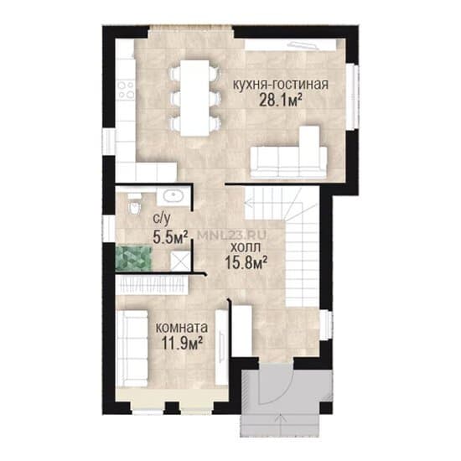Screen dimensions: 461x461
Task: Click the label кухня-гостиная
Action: pos(281,85)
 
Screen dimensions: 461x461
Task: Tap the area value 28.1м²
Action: pos(281,101)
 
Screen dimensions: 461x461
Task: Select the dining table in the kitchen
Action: pos(195,98)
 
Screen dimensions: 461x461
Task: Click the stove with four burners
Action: pos(126,90)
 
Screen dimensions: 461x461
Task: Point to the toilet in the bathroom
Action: pos(134,204)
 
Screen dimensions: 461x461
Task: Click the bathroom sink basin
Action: pos(174,195)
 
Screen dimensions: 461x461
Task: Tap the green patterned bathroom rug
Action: pos(134,258)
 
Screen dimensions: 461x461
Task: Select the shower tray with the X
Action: pos(180,261)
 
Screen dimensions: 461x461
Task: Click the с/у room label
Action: pos(162,219)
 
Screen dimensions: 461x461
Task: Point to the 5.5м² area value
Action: pos(170,236)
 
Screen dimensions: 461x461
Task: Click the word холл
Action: pos(246,247)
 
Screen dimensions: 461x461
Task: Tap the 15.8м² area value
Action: pos(246,262)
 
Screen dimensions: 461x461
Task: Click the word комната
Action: pos(182,328)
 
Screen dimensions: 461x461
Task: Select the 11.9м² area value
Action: pos(182,343)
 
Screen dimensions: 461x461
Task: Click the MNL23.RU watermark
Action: pos(232,235)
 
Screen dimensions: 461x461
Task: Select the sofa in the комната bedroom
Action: pos(132,348)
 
